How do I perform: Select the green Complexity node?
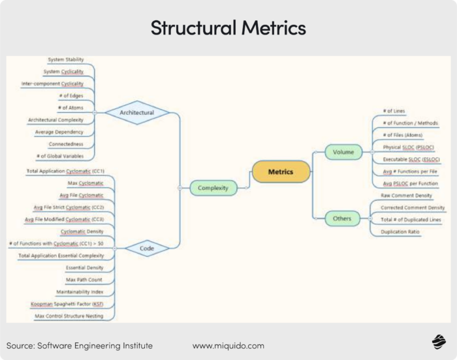212,188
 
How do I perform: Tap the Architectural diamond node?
136,113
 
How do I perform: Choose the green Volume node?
343,152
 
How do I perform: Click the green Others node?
342,218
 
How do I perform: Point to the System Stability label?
65,60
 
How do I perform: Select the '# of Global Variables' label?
61,157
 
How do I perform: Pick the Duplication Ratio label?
400,232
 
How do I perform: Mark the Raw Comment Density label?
406,195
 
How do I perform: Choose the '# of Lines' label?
394,111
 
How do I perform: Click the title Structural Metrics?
228,28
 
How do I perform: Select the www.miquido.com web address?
228,345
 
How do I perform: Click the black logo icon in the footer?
437,344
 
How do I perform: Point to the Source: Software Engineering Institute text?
80,345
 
